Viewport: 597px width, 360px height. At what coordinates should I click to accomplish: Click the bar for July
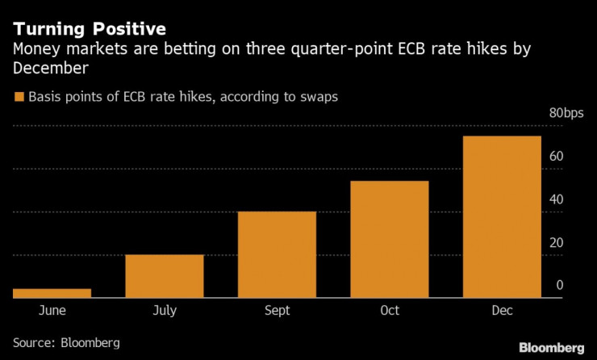(x=165, y=277)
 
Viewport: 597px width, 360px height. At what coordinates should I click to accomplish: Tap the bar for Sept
(x=277, y=255)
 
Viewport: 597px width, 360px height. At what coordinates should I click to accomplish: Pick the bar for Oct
(x=389, y=240)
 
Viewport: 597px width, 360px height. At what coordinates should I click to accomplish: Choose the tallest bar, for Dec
(x=502, y=217)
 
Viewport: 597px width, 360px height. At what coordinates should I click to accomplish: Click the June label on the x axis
(x=52, y=310)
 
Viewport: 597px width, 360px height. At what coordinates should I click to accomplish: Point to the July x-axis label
(x=165, y=310)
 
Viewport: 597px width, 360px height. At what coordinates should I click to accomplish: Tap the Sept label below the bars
(x=277, y=310)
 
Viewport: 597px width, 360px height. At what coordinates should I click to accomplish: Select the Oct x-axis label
(x=389, y=310)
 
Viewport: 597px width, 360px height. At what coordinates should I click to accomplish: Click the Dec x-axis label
(x=502, y=310)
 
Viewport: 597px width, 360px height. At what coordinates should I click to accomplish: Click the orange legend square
(x=19, y=97)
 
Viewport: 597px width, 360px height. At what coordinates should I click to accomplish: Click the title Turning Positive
(x=90, y=29)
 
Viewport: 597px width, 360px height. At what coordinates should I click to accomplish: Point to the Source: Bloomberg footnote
(x=66, y=342)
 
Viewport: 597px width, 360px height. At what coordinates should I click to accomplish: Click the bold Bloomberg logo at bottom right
(x=549, y=348)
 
